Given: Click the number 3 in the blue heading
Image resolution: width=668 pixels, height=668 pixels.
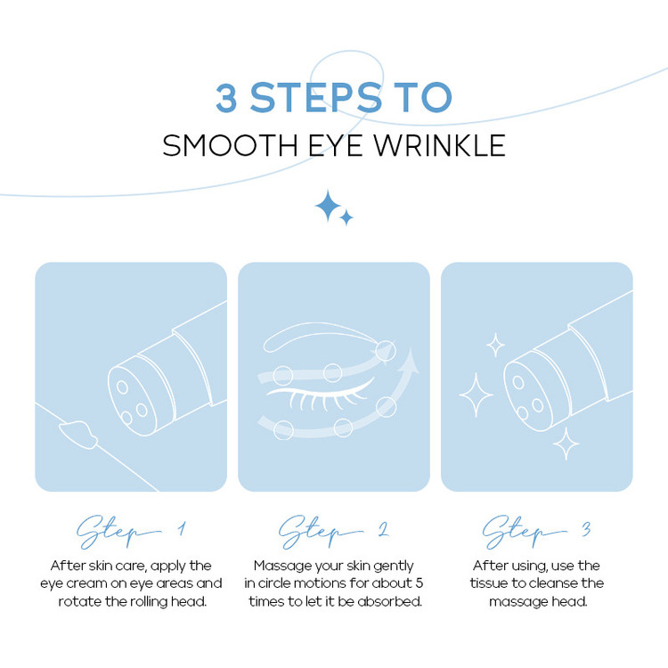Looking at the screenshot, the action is coord(226,98).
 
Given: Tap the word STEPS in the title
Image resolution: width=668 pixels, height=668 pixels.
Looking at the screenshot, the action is coord(315,98).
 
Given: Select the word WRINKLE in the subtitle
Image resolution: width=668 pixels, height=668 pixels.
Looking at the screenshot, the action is coord(440,146).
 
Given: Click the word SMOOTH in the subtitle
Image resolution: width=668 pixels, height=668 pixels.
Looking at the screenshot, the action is coord(230,146).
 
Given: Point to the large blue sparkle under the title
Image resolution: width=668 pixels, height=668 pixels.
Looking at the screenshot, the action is coord(328,207).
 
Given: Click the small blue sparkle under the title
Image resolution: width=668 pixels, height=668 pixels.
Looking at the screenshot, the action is coord(346,217).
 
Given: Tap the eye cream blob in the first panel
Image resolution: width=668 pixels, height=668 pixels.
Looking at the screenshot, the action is coord(78,434).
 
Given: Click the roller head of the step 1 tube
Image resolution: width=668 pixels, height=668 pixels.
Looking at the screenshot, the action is coord(133,396).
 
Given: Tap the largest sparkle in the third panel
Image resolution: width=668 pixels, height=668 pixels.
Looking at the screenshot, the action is coord(476,395).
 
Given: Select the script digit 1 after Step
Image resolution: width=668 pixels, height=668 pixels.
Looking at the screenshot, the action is coord(182,529).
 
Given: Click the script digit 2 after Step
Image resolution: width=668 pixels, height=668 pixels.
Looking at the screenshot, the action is coord(383,529).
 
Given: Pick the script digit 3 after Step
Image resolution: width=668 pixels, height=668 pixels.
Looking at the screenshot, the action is coord(586,529).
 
